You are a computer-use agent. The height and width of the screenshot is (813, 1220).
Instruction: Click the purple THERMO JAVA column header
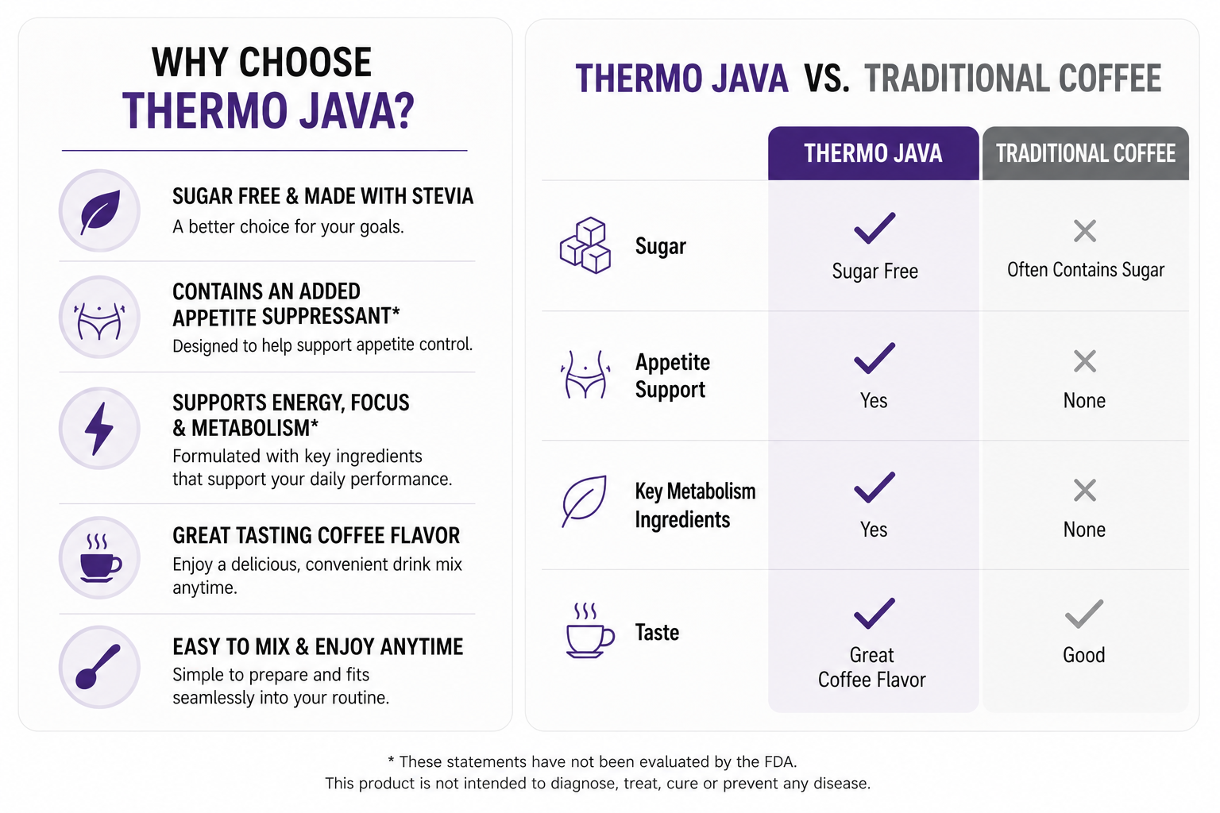(873, 153)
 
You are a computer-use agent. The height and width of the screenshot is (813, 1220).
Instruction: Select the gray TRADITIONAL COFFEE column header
(1086, 153)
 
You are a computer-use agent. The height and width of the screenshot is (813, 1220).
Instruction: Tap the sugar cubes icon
(585, 245)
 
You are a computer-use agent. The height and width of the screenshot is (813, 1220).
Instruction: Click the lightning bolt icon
(99, 429)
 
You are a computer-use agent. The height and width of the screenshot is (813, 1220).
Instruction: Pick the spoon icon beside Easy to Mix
(98, 667)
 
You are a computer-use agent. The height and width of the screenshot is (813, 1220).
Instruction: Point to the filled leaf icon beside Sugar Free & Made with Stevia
(100, 211)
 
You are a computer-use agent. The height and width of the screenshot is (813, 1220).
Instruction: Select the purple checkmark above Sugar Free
(874, 227)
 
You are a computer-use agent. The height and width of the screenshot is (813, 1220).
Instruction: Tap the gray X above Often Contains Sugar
(1085, 231)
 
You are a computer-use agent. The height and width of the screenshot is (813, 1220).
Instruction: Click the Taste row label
(657, 632)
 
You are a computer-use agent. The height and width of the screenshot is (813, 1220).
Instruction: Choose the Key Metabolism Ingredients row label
(695, 505)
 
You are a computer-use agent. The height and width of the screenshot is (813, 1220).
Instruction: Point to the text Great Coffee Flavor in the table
(871, 667)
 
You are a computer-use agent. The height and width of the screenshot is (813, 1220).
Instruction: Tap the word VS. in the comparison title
(826, 79)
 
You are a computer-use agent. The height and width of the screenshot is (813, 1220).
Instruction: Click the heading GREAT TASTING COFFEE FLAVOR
(316, 535)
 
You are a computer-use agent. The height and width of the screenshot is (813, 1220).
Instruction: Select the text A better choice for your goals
(288, 226)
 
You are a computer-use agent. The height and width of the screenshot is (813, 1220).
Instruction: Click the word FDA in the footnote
(779, 761)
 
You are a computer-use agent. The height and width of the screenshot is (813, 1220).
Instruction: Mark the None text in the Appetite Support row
(1084, 401)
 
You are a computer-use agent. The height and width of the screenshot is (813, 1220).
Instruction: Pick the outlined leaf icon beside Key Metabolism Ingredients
(584, 501)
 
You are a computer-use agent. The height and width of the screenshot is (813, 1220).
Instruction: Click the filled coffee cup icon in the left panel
(100, 558)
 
